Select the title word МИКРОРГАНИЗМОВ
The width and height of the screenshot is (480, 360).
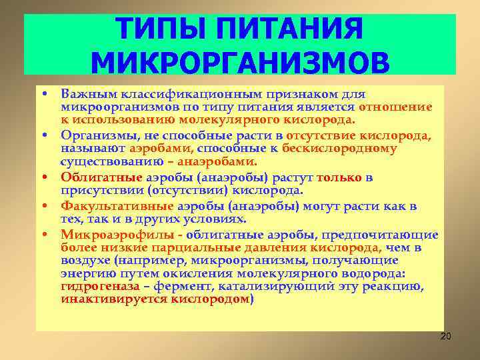(x=239, y=63)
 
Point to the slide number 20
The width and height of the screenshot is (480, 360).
(x=445, y=336)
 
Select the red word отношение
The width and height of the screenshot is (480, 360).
(x=395, y=107)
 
